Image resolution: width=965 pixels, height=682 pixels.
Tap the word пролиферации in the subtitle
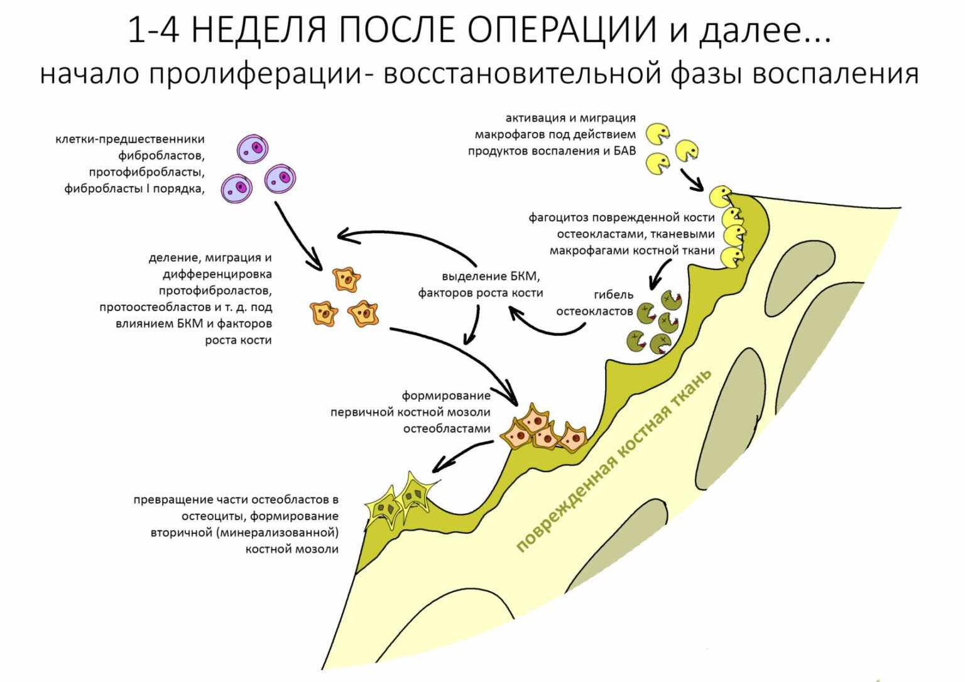(255, 74)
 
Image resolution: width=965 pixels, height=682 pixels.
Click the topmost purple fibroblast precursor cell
(253, 149)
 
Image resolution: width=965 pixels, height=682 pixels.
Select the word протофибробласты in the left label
(147, 172)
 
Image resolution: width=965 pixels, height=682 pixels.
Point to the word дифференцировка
(217, 274)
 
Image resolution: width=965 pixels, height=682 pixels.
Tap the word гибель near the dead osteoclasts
(613, 295)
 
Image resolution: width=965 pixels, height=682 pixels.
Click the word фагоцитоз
(558, 218)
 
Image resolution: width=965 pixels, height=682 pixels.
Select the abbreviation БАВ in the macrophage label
(624, 151)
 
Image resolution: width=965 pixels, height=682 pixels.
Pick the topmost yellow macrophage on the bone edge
(720, 196)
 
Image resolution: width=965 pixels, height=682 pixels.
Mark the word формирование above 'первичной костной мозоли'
(446, 396)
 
